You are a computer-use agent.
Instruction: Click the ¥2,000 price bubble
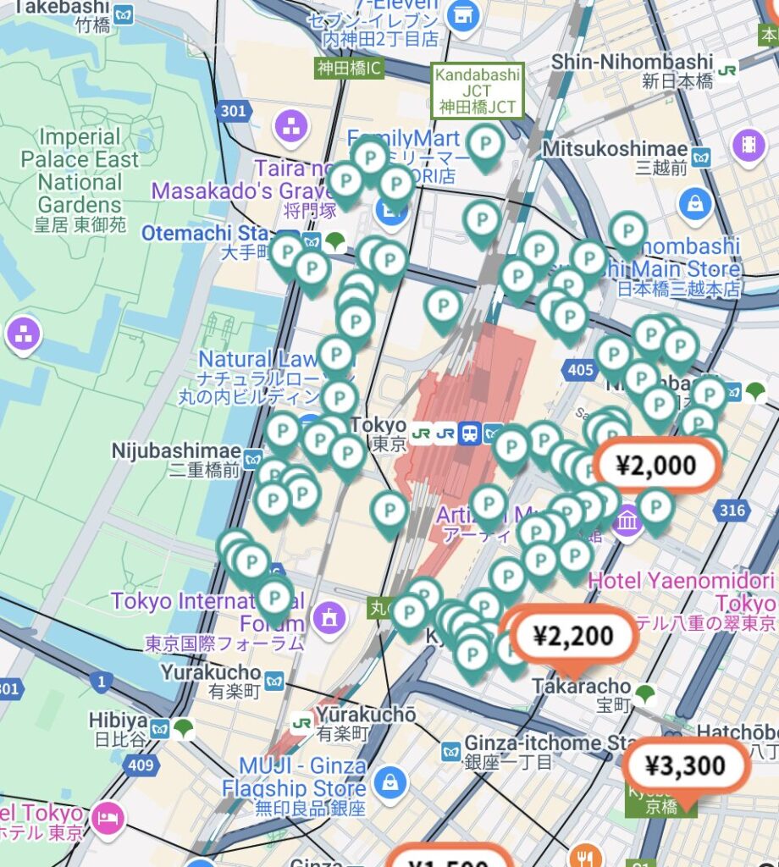click(x=657, y=465)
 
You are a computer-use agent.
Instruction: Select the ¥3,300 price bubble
click(x=686, y=765)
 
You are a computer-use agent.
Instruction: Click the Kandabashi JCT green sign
click(x=478, y=91)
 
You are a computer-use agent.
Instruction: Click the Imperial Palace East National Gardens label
click(x=80, y=171)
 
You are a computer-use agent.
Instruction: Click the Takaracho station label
click(x=582, y=686)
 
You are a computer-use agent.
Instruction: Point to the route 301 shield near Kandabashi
click(x=233, y=111)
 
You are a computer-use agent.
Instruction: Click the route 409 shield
click(x=142, y=766)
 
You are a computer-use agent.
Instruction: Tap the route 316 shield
click(x=731, y=510)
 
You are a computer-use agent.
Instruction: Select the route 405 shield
click(x=581, y=369)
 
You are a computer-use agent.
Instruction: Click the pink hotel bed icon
click(x=108, y=818)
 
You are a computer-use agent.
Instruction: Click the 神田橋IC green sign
click(x=350, y=69)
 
